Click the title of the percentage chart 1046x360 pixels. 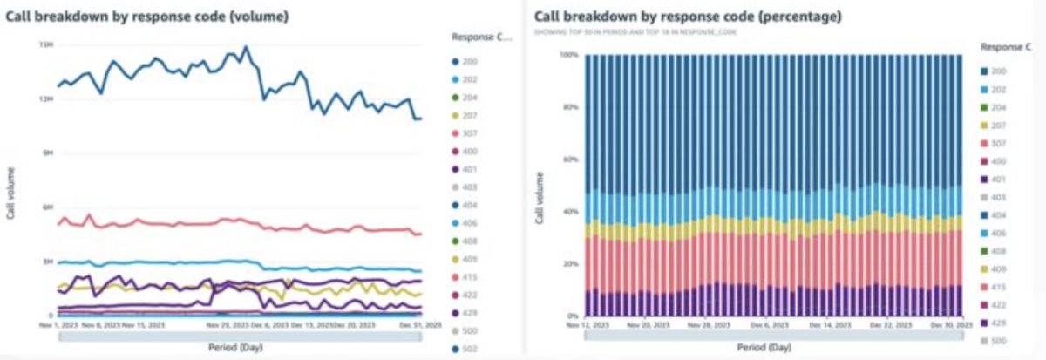coord(682,17)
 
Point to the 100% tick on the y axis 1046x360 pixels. coord(567,54)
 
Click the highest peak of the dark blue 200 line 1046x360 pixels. coord(246,47)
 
